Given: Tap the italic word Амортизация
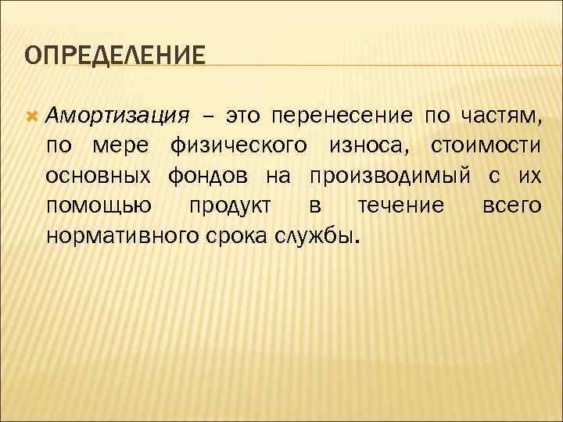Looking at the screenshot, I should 117,117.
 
